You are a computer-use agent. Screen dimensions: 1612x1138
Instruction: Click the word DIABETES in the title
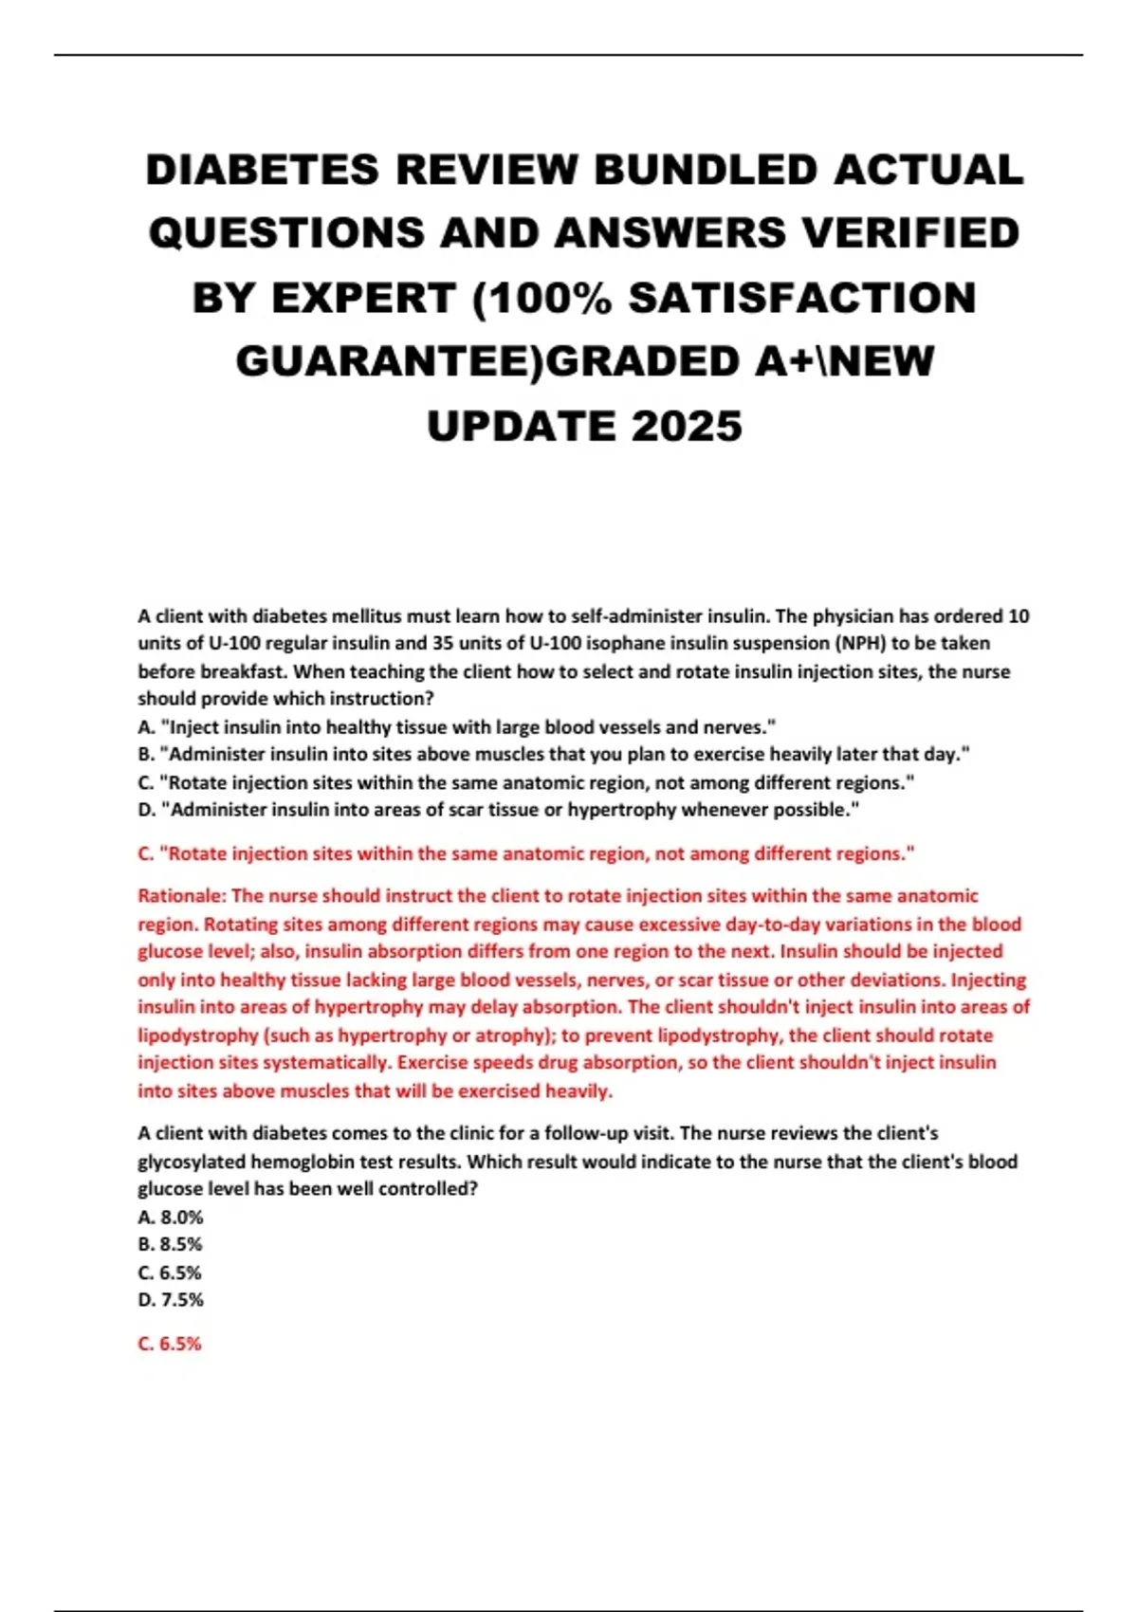262,171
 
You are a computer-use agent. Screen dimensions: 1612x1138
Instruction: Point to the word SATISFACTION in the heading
802,299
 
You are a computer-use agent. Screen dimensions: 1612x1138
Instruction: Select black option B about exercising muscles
554,755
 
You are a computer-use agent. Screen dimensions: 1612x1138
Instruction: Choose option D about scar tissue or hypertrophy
499,810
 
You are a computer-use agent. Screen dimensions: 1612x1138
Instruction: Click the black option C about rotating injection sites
526,782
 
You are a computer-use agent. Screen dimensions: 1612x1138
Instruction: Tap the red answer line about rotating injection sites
526,853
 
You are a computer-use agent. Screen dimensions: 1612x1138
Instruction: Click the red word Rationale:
182,896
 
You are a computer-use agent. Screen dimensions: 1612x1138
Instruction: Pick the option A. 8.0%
171,1217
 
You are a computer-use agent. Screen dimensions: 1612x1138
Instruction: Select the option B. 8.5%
171,1244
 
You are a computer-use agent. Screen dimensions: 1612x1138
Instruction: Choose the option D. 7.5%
171,1300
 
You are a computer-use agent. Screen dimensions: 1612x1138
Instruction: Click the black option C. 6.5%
171,1273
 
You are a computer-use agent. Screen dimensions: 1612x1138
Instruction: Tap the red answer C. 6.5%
171,1344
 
